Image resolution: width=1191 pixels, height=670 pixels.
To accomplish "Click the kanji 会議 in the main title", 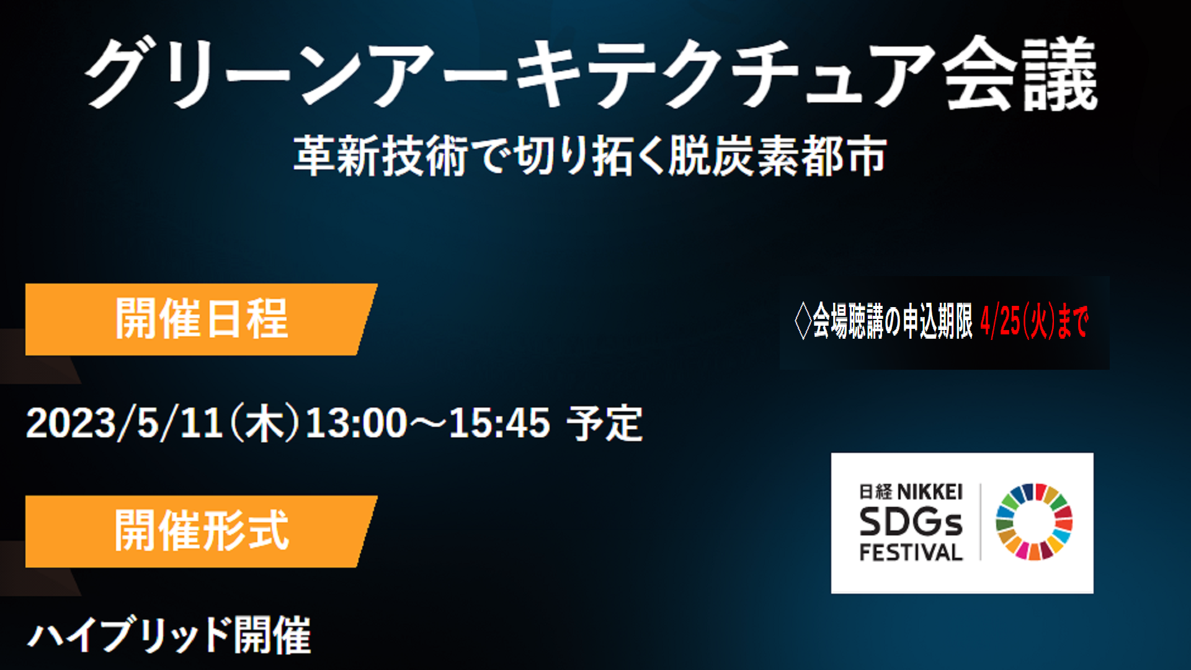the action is coord(1021,73).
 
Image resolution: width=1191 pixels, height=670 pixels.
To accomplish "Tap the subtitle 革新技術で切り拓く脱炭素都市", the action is coord(590,156).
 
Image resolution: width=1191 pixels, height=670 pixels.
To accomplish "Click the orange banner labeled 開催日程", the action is coord(201,319).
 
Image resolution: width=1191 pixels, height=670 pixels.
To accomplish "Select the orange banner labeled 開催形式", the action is coord(201,531).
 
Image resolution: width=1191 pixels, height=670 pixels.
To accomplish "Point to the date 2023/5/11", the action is coord(125,423).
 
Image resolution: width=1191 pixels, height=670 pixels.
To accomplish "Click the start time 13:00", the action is coord(356,423).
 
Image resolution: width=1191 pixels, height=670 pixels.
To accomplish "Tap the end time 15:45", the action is coord(499,423).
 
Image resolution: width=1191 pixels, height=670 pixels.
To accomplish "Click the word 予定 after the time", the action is coord(605,423).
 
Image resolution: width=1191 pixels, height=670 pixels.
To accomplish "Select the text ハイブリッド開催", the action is coord(169,635).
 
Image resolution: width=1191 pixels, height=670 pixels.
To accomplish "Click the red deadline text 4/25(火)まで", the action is coord(1034,321).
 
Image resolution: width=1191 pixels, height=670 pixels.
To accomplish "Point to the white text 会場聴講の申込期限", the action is coord(892,321).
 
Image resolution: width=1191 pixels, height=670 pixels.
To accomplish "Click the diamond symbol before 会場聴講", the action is coord(803,321).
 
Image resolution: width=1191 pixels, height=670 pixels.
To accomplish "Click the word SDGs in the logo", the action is coord(911,522).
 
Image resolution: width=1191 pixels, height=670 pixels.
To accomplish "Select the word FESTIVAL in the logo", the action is coord(911,552).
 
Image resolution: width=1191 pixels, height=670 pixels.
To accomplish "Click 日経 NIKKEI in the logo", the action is coord(911,492).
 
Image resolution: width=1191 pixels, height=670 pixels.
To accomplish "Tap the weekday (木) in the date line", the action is coord(264,423).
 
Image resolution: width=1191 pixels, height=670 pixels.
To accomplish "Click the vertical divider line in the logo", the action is coord(980,522).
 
